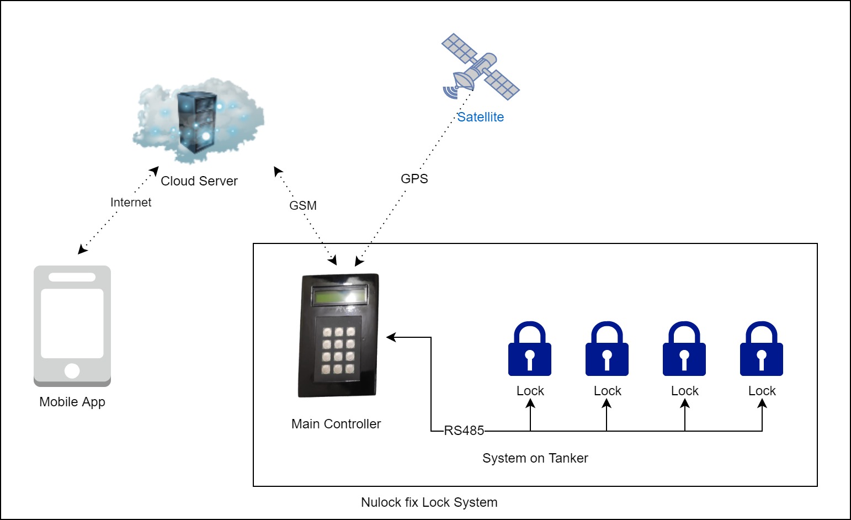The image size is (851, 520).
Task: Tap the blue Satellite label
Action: (480, 117)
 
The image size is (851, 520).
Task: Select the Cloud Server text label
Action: (199, 181)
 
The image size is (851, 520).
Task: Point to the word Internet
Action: (131, 203)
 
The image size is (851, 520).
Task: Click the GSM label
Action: (303, 205)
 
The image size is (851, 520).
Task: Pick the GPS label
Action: (414, 179)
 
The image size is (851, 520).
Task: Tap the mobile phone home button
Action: (72, 370)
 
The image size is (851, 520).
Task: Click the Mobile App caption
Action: (72, 402)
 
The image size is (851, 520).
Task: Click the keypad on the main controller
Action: (338, 350)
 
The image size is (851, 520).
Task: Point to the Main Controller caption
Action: (336, 424)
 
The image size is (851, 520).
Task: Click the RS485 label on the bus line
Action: (464, 431)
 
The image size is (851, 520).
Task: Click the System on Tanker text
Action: (535, 458)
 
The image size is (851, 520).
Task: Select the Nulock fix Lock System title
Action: (429, 502)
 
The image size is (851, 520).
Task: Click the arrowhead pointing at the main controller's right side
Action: (391, 337)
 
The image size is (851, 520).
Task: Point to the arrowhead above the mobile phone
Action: (82, 250)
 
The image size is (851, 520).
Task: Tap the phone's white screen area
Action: (72, 323)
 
